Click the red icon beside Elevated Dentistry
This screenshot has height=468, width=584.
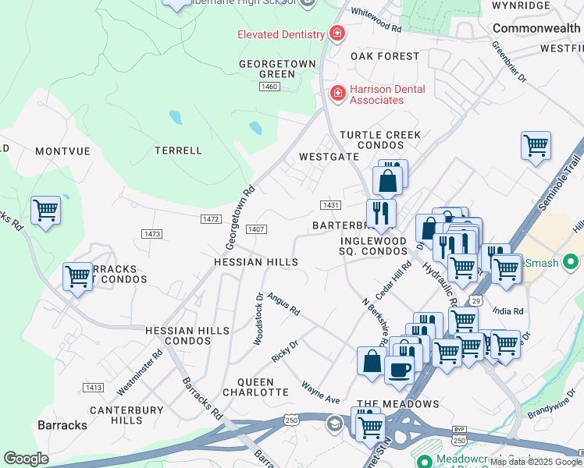tap(337, 34)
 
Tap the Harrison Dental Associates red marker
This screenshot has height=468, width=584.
tap(337, 94)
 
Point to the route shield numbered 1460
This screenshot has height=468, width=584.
tap(269, 86)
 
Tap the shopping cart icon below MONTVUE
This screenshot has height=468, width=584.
tap(45, 210)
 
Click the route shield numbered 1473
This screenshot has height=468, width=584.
tap(152, 234)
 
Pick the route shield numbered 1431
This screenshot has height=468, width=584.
tap(330, 205)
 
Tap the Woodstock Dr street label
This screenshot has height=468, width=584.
tap(258, 319)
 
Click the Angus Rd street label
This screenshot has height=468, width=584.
tap(283, 304)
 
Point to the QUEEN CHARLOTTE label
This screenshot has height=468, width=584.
tap(255, 388)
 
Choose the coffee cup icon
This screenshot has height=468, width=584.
tap(400, 369)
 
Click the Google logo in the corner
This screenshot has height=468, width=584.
tap(26, 459)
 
